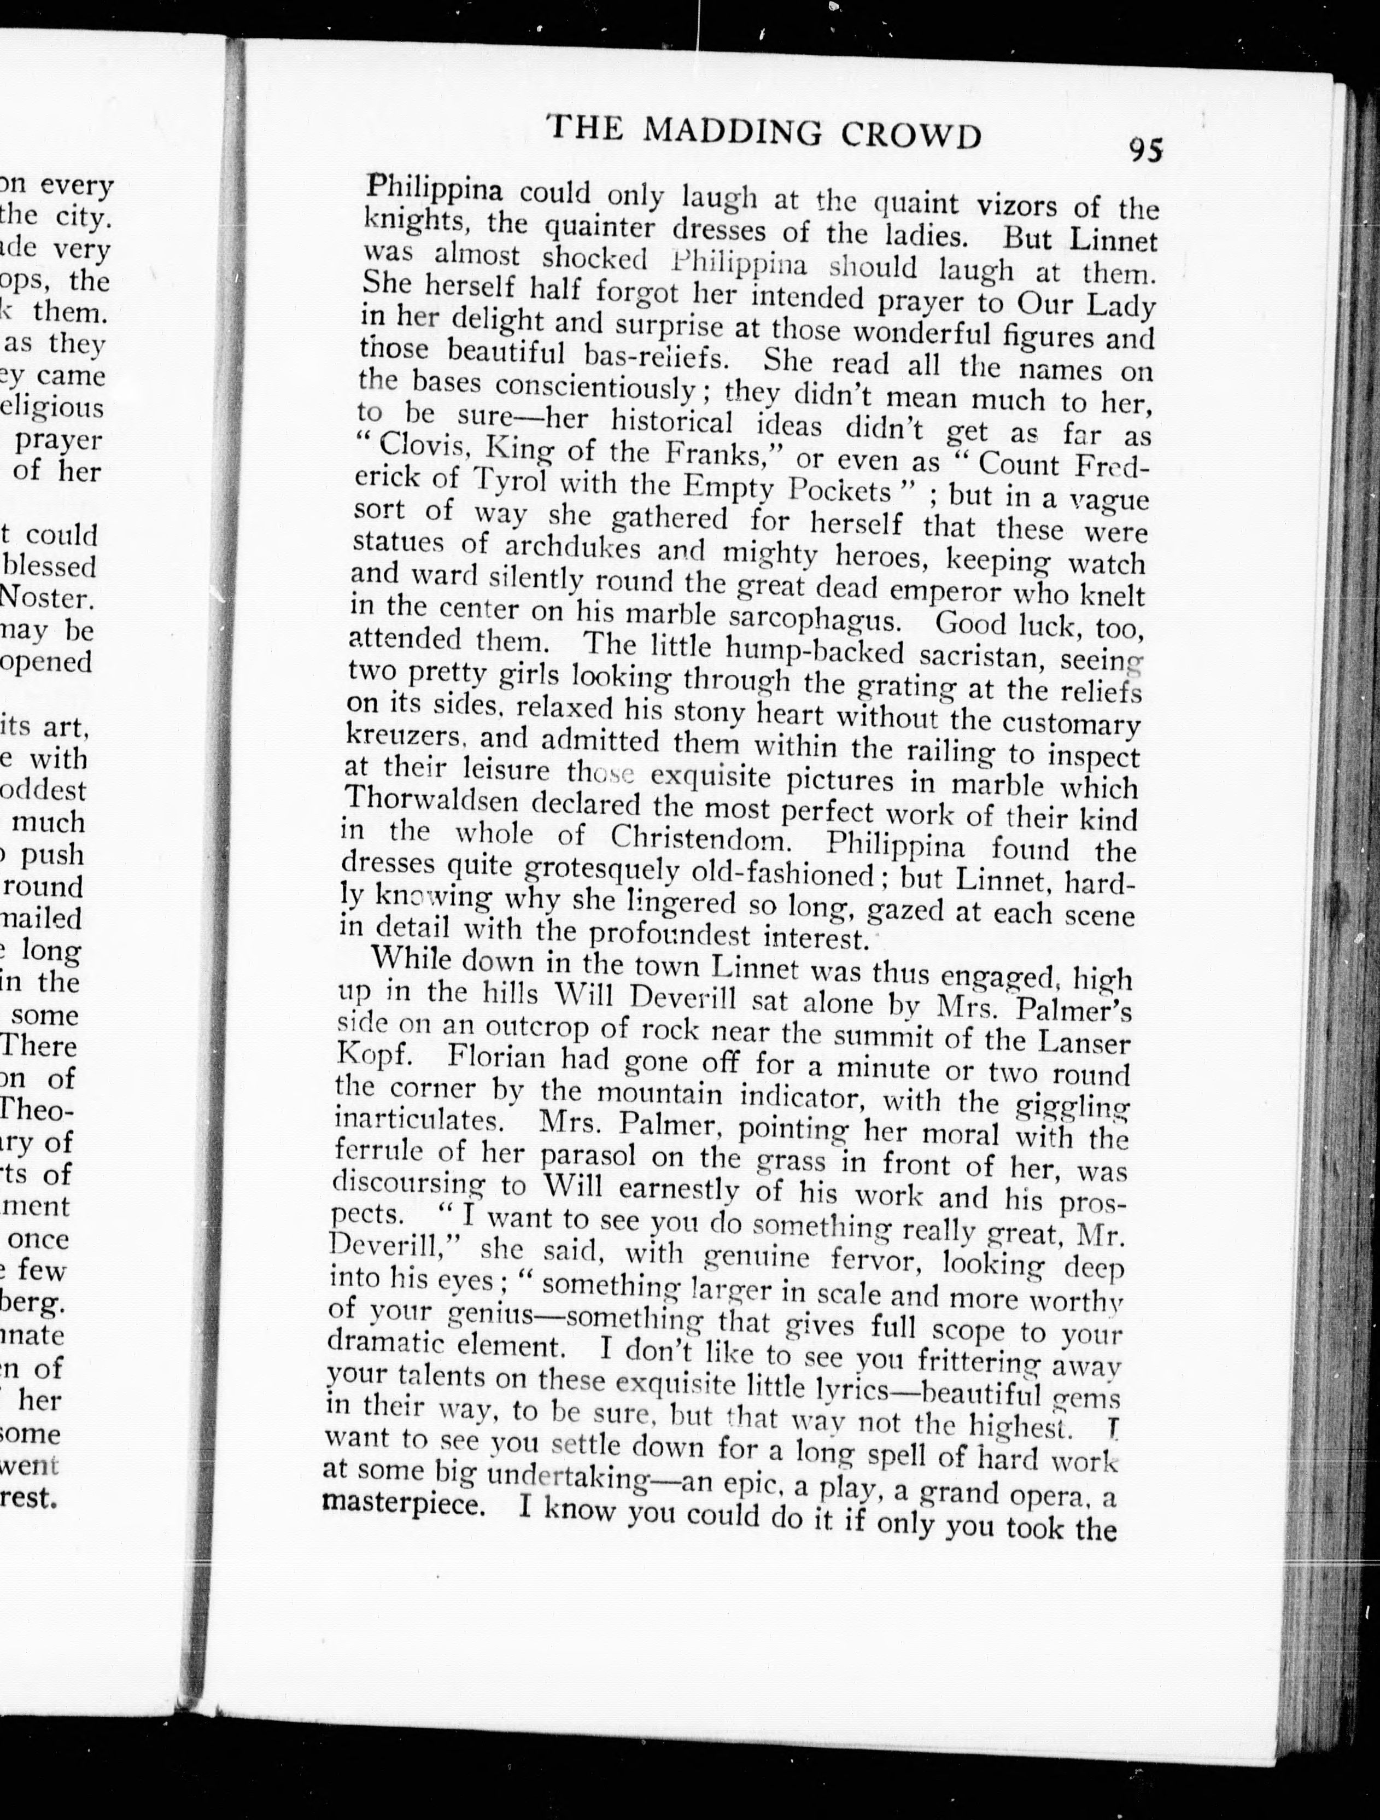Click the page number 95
(1145, 150)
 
